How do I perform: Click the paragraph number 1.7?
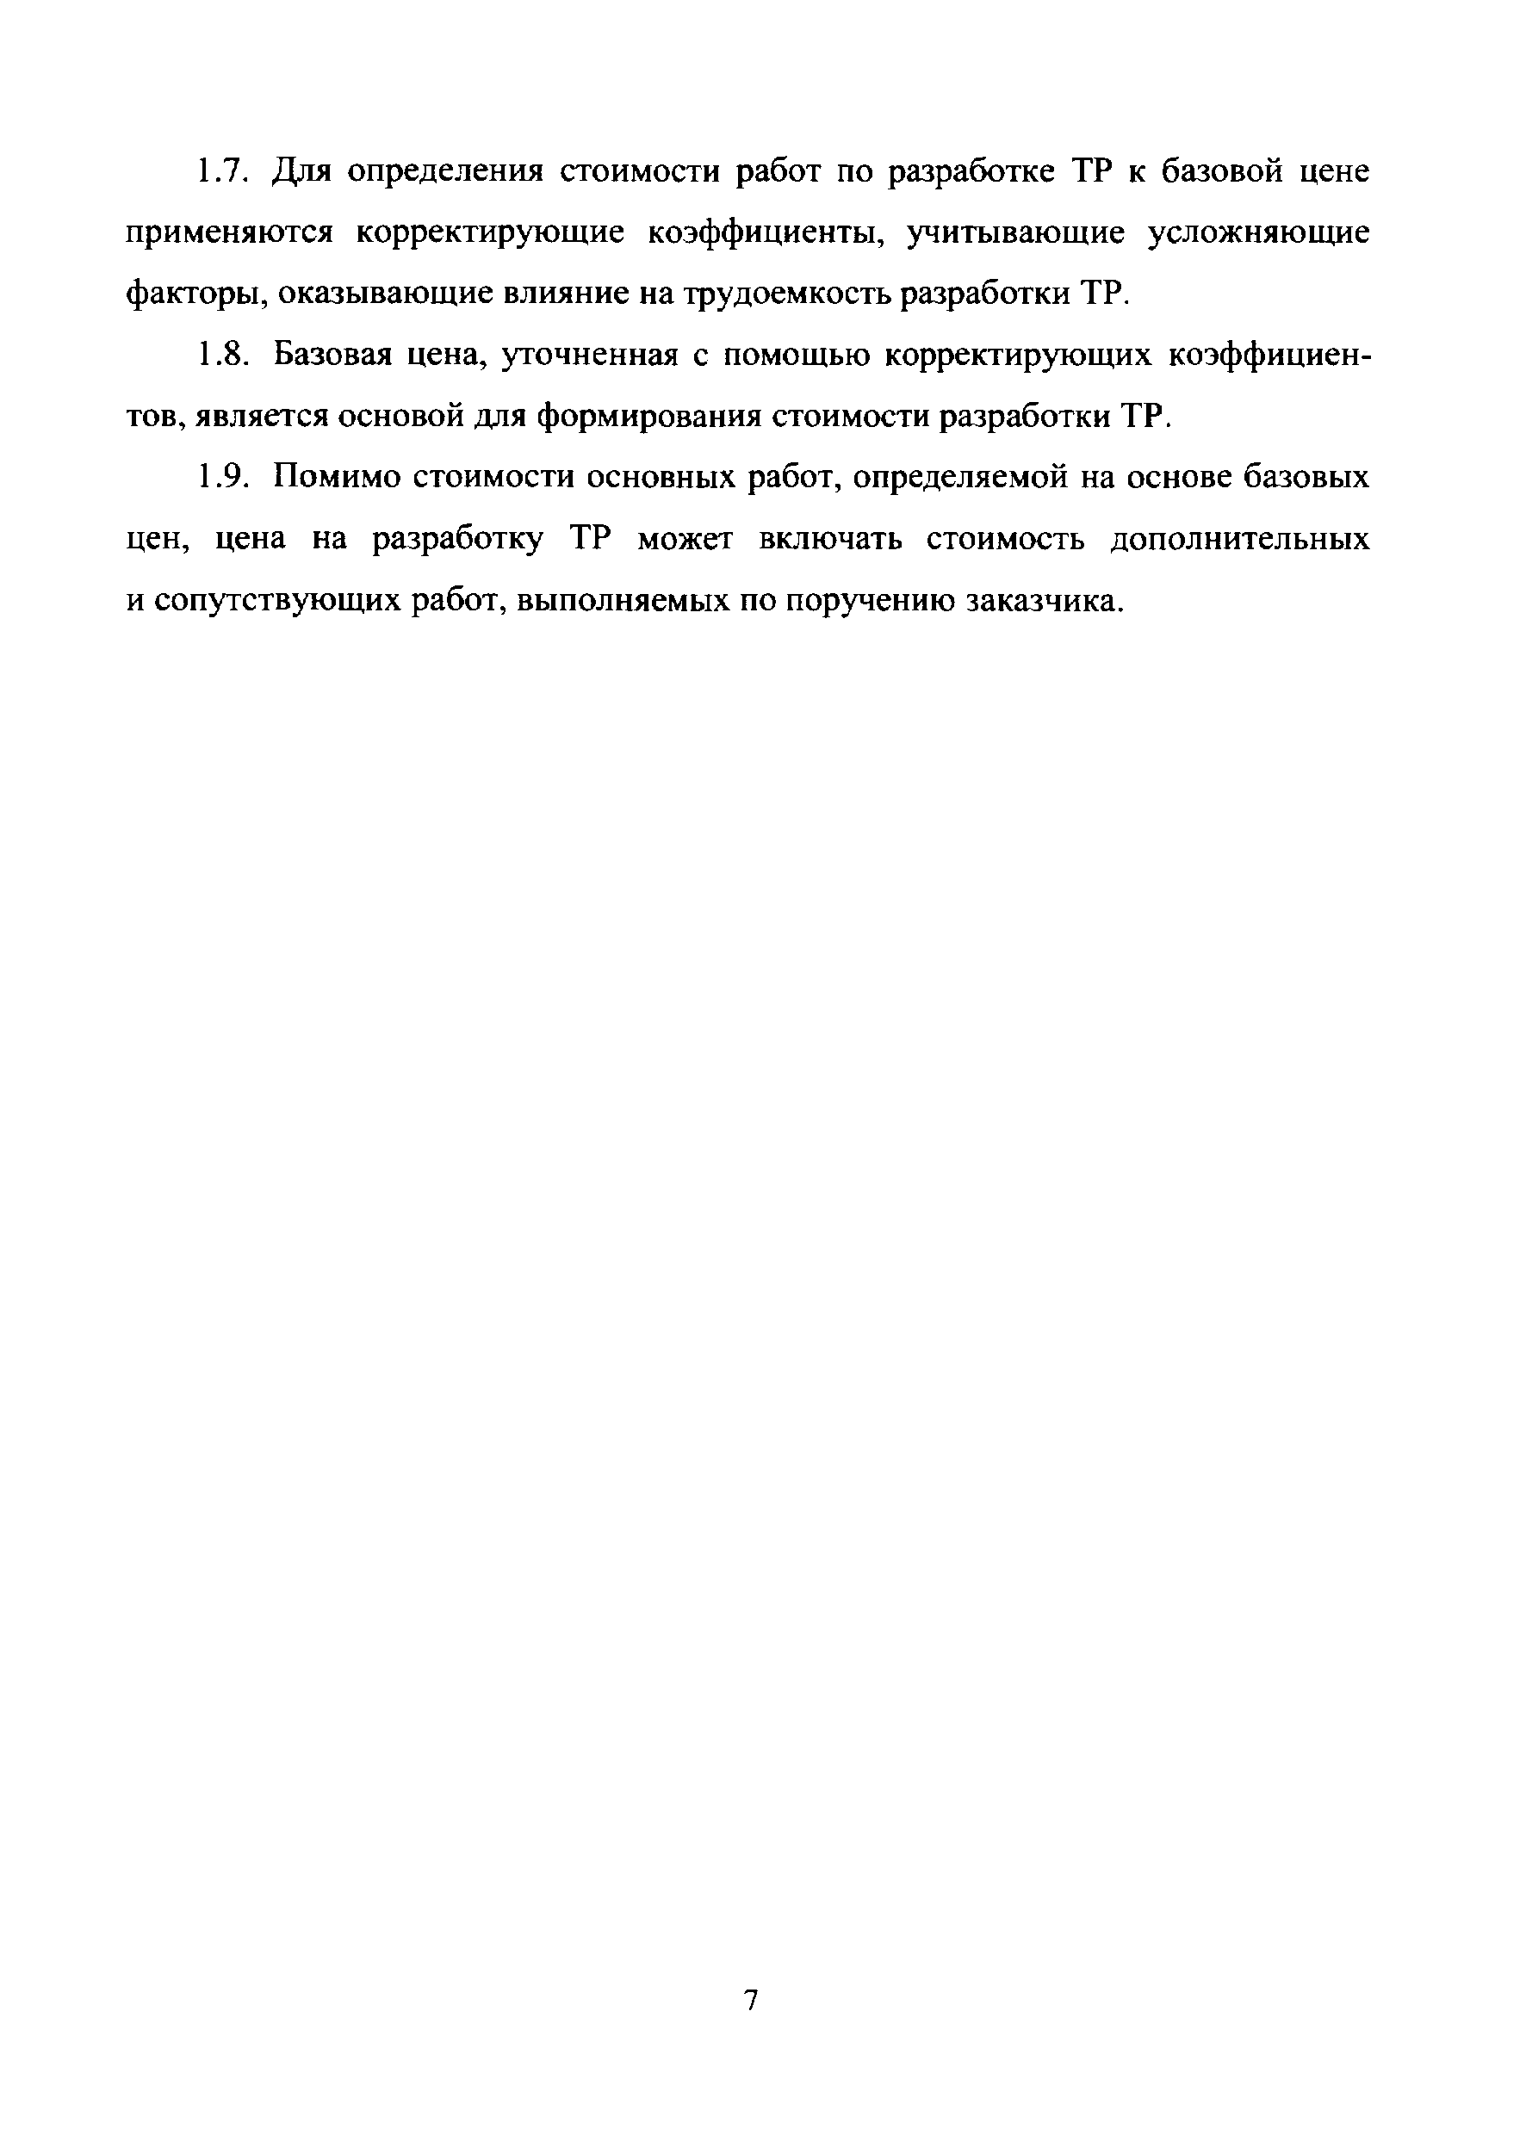tap(224, 173)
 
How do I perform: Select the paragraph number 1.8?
tap(224, 356)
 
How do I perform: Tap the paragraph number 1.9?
tap(224, 478)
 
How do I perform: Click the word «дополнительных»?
tap(1239, 540)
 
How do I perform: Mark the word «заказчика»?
tap(1044, 602)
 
